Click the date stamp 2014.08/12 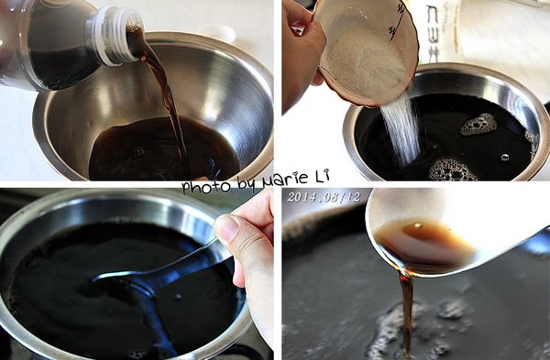coord(324,197)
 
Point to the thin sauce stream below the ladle coord(405,307)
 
